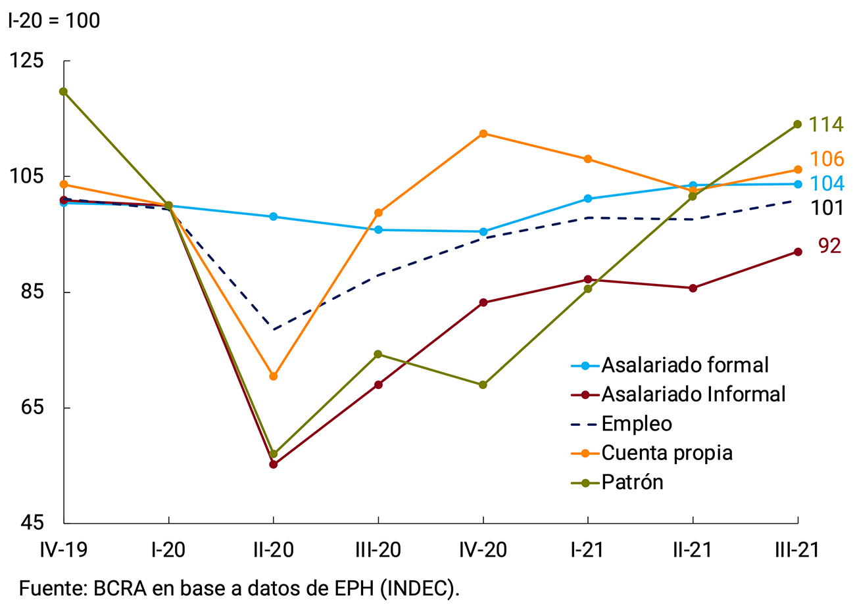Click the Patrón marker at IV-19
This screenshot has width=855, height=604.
(64, 91)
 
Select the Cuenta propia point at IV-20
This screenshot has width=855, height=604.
(483, 133)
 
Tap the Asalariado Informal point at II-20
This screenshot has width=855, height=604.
(274, 464)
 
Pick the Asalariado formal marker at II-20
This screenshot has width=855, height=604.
(274, 216)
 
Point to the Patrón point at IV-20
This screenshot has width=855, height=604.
(483, 384)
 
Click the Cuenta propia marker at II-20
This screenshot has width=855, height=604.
(274, 376)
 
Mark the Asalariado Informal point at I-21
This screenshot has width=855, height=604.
(587, 279)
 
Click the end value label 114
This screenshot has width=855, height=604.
(825, 124)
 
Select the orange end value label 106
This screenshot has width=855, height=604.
(825, 159)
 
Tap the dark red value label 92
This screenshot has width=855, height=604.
(829, 246)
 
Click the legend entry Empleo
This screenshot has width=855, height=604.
(637, 424)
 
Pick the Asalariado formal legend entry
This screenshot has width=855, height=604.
(685, 365)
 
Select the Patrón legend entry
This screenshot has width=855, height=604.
(632, 482)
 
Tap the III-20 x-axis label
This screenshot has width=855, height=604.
(378, 549)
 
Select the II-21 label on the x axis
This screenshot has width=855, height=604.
(693, 549)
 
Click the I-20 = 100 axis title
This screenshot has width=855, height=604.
(54, 21)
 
